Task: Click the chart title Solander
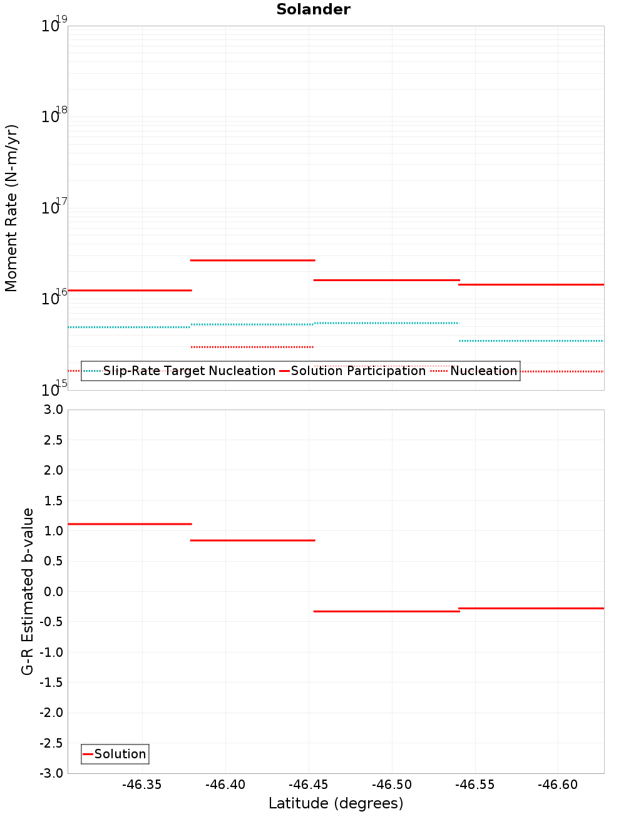tap(313, 9)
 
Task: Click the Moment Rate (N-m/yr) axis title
tap(11, 208)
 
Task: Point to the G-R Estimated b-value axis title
tap(28, 591)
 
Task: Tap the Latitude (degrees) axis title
tap(336, 803)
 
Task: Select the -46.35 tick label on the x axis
tap(142, 785)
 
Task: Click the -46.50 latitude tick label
tap(392, 785)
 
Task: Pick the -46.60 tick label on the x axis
tap(558, 785)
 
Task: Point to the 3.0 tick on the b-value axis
tap(53, 410)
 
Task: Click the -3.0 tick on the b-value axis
tap(51, 773)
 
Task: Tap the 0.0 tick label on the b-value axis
tap(53, 592)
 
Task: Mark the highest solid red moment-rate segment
tap(252, 260)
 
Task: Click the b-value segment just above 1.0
tap(130, 524)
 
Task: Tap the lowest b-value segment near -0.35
tap(386, 611)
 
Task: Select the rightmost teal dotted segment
tap(531, 341)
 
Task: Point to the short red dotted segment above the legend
tap(252, 347)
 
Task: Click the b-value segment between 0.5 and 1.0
tap(252, 540)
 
